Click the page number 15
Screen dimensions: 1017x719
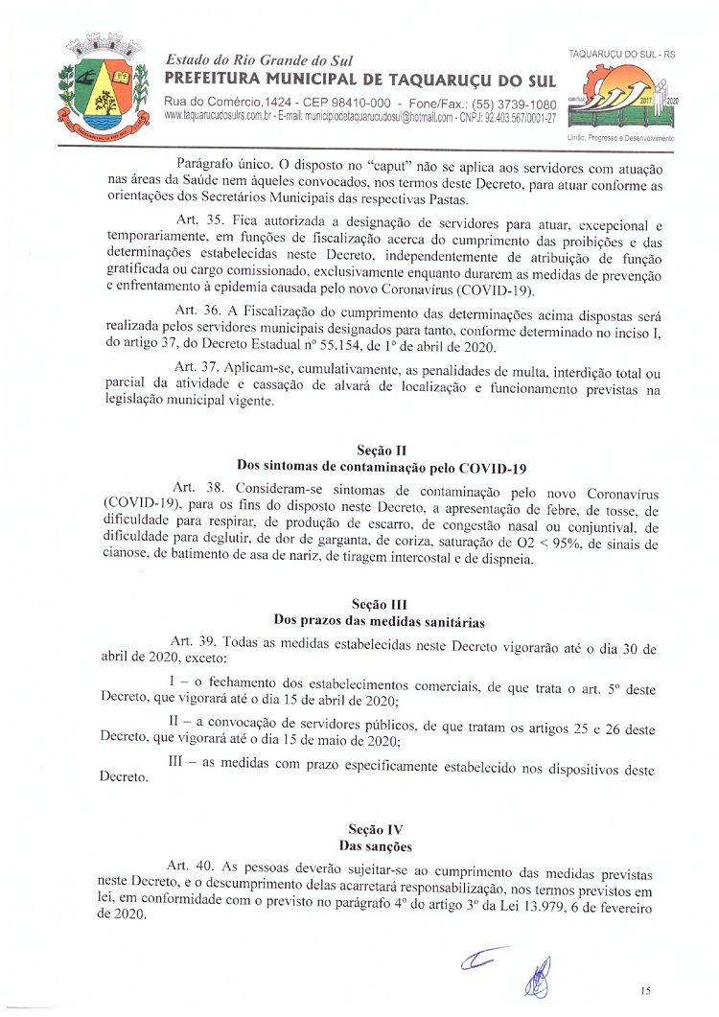(x=646, y=989)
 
